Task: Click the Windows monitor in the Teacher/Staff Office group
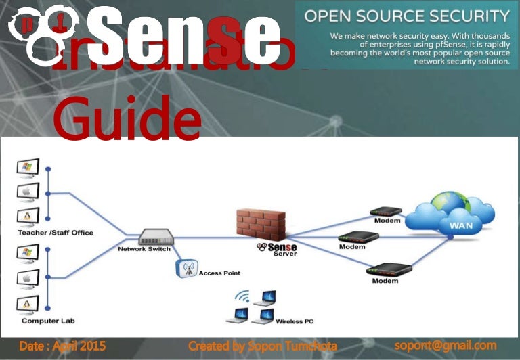point(28,166)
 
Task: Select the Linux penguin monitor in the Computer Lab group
point(28,304)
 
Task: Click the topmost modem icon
point(386,212)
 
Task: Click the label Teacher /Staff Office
point(56,233)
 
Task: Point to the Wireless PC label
point(295,322)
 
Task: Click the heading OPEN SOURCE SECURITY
point(406,16)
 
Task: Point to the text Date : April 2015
point(62,346)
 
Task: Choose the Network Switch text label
point(144,249)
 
